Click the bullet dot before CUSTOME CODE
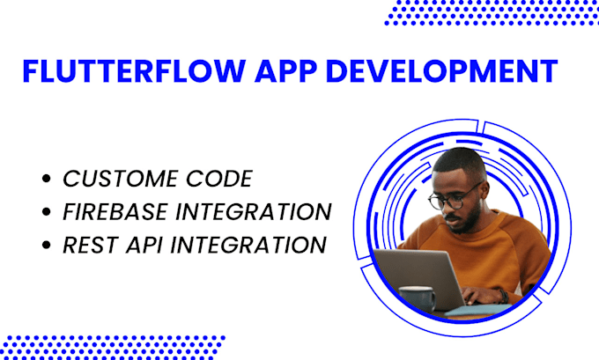(46, 180)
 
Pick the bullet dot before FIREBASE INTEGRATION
(46, 212)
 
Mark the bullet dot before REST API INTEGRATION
(46, 245)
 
